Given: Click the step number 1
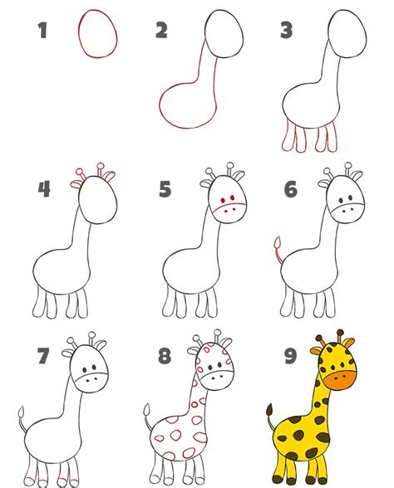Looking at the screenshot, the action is [x=42, y=30].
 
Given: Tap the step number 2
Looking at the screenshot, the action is [x=161, y=30].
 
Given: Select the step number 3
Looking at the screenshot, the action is [x=286, y=30].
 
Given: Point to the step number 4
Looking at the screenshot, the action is [x=44, y=189].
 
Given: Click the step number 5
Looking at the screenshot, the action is [x=165, y=189].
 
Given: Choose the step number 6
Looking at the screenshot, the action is [x=291, y=189].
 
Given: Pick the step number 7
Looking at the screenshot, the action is [x=43, y=356].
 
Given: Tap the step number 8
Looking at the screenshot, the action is [x=165, y=356].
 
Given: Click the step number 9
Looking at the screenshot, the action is [x=291, y=356].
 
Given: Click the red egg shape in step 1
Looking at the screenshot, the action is [x=79, y=33].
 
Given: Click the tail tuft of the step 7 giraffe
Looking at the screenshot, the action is [x=22, y=412].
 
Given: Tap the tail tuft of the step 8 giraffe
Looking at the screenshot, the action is [x=147, y=410].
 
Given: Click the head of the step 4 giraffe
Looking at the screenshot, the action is [x=98, y=199].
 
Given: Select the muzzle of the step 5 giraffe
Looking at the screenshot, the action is [x=230, y=212].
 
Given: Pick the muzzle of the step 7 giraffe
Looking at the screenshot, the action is [x=92, y=382].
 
